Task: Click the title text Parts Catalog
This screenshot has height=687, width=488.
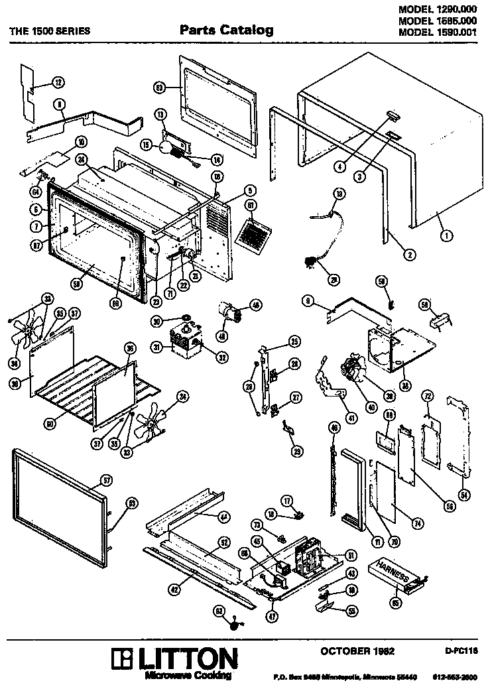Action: [x=226, y=30]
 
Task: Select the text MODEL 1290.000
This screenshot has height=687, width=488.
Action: [x=438, y=9]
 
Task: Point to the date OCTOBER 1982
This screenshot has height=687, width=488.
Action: [x=357, y=651]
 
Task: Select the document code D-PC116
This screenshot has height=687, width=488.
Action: [x=461, y=652]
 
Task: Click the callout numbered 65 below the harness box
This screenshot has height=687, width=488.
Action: [x=396, y=602]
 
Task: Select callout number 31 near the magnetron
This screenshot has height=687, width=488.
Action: [x=157, y=346]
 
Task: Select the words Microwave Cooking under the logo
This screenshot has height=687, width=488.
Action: [x=188, y=674]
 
